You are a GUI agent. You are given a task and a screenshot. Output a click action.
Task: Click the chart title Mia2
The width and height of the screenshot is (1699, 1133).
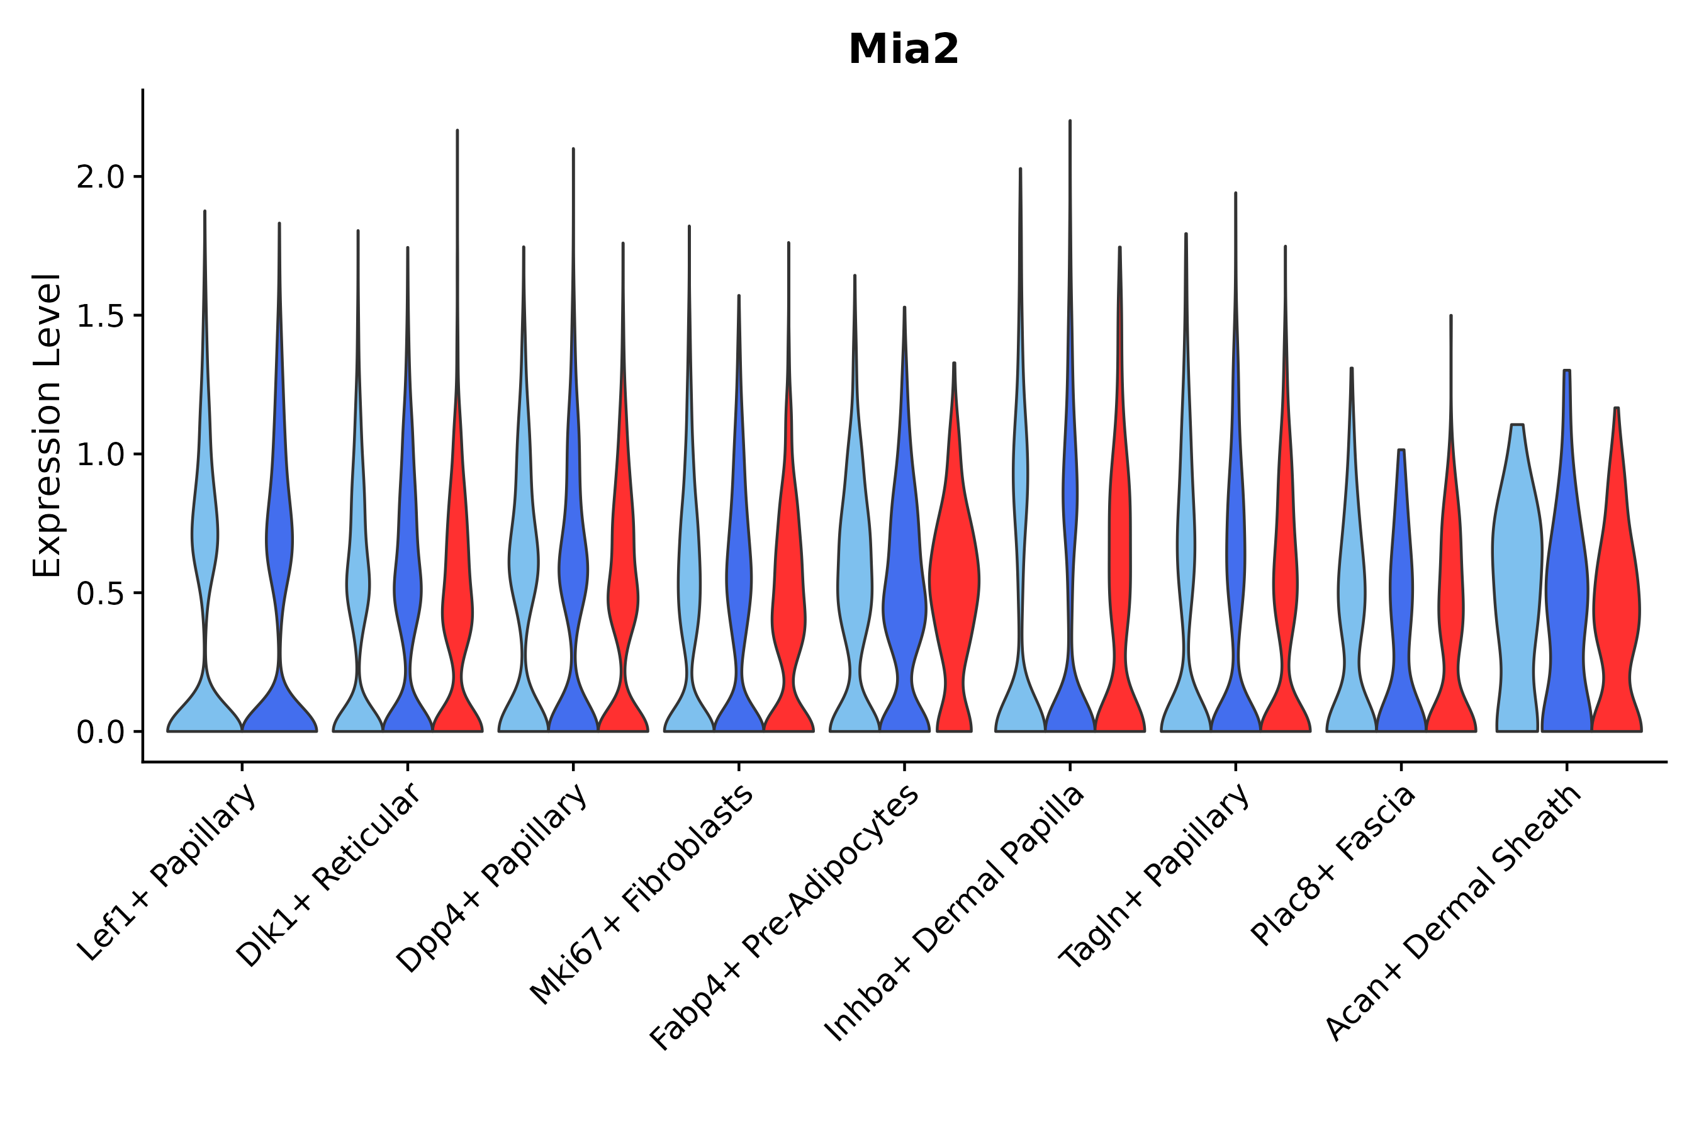click(x=903, y=50)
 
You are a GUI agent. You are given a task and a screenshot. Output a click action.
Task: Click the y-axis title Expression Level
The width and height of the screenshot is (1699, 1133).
click(x=47, y=425)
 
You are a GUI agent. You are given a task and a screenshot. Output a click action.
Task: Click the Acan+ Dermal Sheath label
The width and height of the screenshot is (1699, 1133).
click(x=1454, y=913)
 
